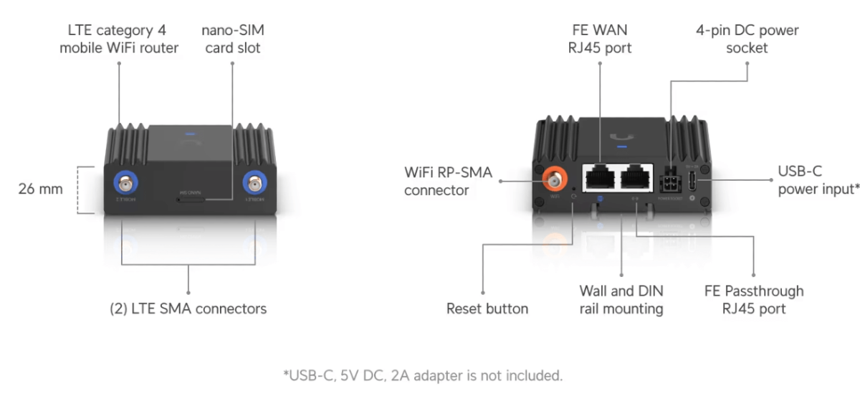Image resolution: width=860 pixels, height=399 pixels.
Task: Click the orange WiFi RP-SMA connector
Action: tap(554, 176)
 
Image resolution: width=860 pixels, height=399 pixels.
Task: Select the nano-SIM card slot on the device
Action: tap(190, 198)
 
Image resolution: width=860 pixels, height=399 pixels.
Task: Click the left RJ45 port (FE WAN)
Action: tap(598, 177)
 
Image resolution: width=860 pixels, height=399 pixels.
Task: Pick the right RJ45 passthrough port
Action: tap(636, 177)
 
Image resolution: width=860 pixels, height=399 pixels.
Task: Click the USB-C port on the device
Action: tap(693, 180)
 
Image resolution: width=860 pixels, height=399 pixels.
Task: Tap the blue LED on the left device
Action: tap(189, 133)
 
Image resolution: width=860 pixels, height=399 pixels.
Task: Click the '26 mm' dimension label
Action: tap(40, 189)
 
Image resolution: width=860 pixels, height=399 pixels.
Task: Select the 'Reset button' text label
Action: tap(487, 309)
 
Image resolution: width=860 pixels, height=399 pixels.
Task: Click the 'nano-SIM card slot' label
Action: tap(231, 39)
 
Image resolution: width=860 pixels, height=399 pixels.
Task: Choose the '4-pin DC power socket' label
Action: tap(747, 39)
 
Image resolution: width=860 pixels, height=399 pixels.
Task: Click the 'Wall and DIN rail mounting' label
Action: tap(621, 300)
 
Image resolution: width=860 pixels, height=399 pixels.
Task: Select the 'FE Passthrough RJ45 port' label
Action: tap(754, 300)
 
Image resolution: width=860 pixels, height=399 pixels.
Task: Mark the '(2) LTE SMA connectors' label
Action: tap(188, 309)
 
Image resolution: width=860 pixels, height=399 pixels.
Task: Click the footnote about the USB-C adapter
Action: tap(423, 375)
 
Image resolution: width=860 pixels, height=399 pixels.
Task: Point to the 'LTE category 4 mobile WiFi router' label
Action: tap(119, 39)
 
